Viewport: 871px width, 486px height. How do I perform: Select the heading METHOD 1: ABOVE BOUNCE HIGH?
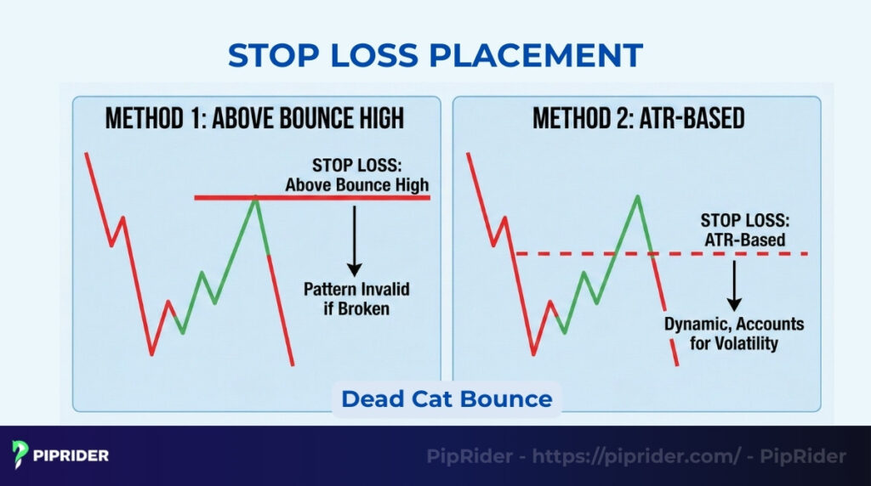point(255,118)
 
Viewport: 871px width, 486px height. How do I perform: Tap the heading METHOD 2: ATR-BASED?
point(638,118)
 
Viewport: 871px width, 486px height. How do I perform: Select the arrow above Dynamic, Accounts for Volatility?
point(733,285)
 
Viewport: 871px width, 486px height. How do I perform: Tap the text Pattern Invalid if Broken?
point(356,298)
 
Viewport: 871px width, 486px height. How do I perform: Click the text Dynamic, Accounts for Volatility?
point(734,334)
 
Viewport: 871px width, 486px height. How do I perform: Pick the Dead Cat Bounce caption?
point(447,398)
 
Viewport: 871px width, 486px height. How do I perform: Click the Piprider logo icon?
point(21,455)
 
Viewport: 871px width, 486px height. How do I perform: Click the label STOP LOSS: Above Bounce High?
point(356,176)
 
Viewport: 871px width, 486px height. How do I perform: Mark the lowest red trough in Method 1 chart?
point(151,353)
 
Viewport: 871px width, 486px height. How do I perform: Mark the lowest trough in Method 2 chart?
point(533,353)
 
